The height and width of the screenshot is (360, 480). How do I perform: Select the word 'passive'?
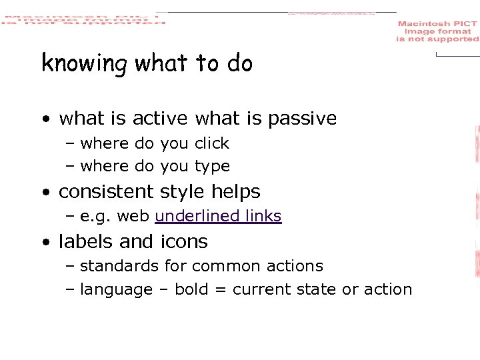tap(302, 119)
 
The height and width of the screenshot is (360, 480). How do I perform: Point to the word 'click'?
tap(211, 143)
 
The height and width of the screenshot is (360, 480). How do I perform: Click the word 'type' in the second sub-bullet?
tap(212, 167)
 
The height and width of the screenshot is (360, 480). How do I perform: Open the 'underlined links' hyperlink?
tap(218, 216)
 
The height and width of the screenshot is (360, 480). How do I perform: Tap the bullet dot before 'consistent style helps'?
tap(45, 193)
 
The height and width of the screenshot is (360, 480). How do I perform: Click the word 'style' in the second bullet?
tap(183, 192)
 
